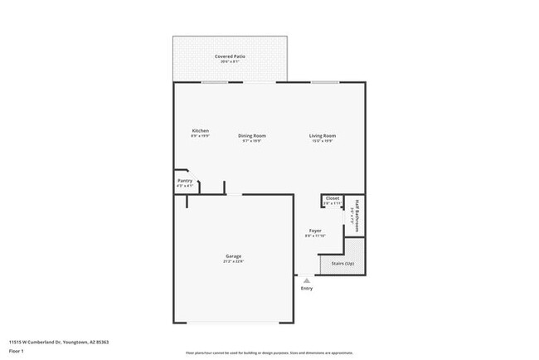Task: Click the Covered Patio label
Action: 230,56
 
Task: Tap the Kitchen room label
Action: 201,130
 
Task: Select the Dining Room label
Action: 252,135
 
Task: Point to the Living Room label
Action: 323,135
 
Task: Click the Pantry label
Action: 185,180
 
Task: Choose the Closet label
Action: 333,198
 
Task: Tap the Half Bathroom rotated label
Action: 357,213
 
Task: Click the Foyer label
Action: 315,231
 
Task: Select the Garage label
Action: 233,256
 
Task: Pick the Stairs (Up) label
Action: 342,264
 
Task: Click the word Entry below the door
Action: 307,289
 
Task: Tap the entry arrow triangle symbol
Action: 307,281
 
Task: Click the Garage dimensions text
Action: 233,261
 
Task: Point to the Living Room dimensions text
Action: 323,141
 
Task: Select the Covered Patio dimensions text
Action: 230,61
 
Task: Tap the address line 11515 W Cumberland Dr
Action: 59,340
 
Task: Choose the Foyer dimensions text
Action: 315,236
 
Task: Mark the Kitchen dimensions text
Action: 201,135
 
